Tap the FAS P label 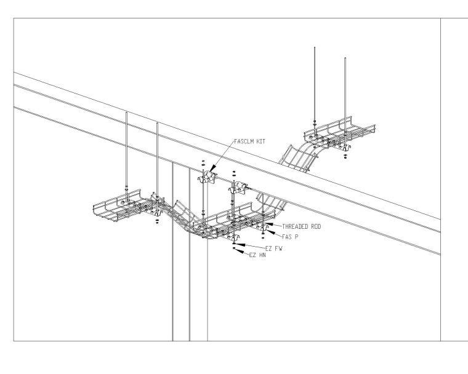pyautogui.click(x=289, y=236)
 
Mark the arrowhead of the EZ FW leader pyautogui.click(x=236, y=244)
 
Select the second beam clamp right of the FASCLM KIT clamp pyautogui.click(x=239, y=186)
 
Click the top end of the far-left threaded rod pyautogui.click(x=126, y=113)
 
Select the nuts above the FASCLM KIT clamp pyautogui.click(x=203, y=165)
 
